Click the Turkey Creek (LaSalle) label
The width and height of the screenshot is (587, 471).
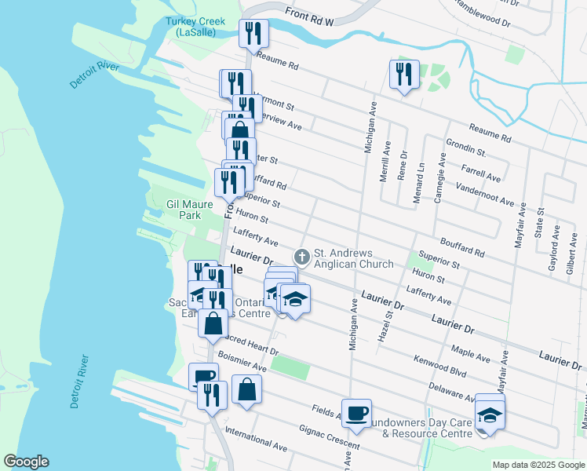[195, 27]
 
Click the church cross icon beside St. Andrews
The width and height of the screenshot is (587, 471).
[301, 257]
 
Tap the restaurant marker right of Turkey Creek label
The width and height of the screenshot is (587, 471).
[253, 34]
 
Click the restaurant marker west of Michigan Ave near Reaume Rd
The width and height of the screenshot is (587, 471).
[404, 75]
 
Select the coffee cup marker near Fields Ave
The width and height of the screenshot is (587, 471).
[356, 413]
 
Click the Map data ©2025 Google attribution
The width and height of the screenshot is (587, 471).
[538, 465]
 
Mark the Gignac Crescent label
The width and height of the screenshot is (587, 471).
[329, 442]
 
